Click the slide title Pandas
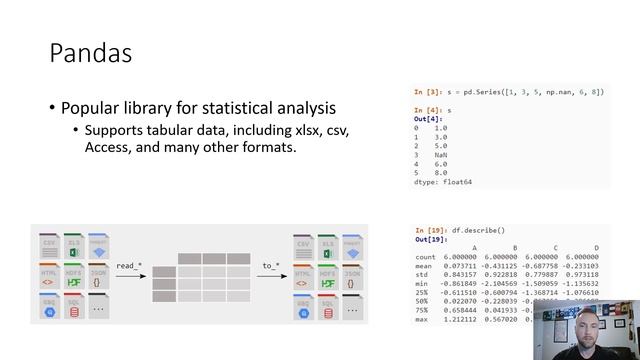[91, 53]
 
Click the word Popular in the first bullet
[93, 108]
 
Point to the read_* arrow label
[129, 265]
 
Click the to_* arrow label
[270, 265]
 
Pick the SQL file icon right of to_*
[327, 306]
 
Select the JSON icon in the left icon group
[97, 276]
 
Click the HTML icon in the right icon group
[303, 276]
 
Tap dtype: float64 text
[442, 181]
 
